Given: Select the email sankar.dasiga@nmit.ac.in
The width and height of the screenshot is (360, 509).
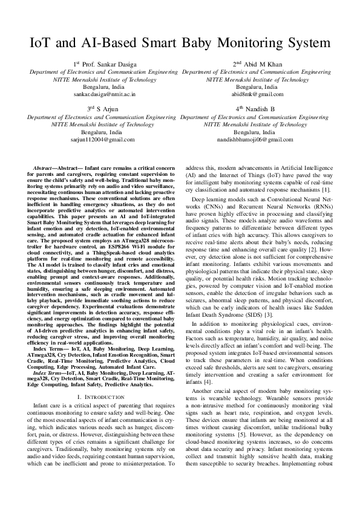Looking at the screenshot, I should pyautogui.click(x=105, y=94).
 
